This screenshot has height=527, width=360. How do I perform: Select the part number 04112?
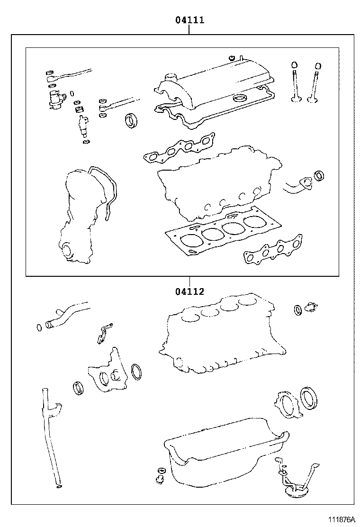(x=189, y=291)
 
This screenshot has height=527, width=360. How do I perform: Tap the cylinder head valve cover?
(x=213, y=83)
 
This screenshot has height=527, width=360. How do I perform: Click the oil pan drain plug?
(x=160, y=475)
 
